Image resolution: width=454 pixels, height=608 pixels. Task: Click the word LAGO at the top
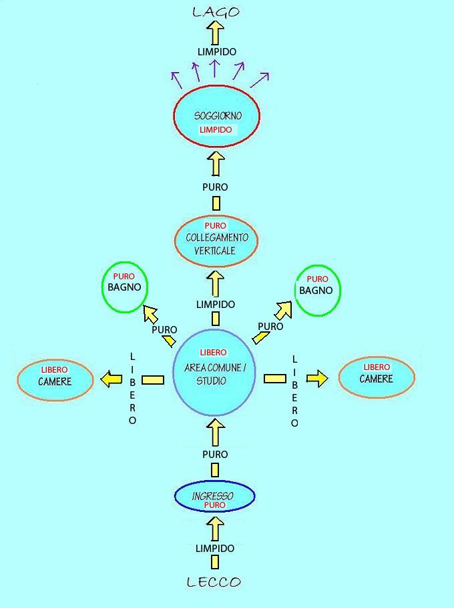(x=215, y=11)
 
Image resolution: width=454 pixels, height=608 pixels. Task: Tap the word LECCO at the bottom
(x=214, y=582)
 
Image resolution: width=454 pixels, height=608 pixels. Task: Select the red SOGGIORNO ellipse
(x=216, y=115)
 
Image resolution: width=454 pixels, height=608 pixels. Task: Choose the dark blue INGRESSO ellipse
(x=214, y=496)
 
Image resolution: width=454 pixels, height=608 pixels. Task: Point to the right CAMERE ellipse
(x=377, y=377)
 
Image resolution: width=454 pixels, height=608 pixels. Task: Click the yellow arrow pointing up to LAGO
(x=215, y=31)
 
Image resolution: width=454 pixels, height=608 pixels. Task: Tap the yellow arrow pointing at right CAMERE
(x=318, y=378)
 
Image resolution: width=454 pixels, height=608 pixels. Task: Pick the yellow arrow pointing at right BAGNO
(x=284, y=310)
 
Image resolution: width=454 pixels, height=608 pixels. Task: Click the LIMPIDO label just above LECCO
(x=215, y=549)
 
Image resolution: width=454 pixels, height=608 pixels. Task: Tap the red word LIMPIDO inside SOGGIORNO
(x=216, y=129)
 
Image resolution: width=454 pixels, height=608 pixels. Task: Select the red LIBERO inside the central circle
(x=213, y=352)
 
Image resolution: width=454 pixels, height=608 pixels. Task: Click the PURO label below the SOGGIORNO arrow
(x=215, y=187)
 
